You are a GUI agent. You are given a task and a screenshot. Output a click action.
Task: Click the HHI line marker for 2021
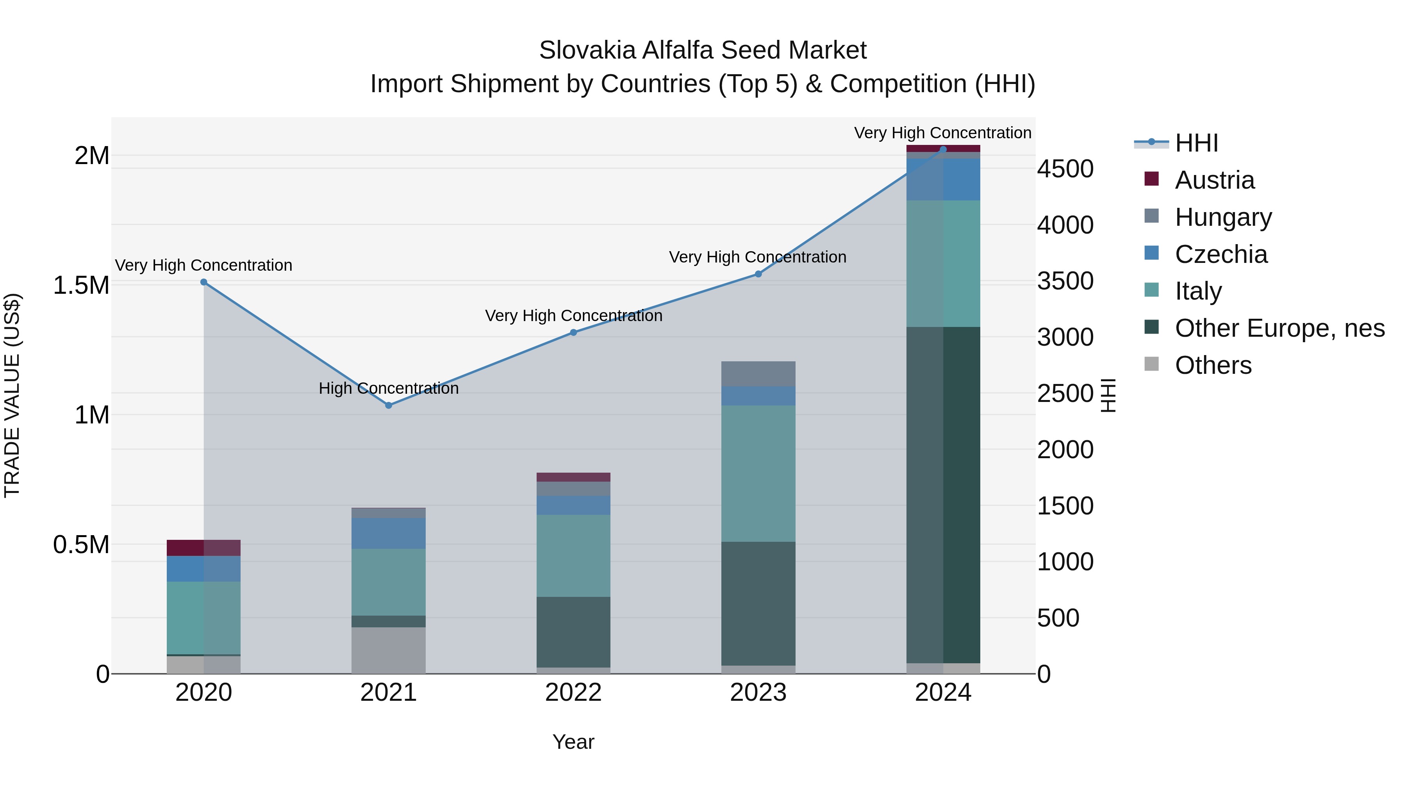click(389, 405)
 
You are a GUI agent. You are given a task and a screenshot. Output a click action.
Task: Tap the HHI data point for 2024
click(943, 149)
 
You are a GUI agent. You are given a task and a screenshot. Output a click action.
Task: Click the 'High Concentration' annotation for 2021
click(389, 388)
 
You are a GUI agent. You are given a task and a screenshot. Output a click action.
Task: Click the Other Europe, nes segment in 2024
click(943, 494)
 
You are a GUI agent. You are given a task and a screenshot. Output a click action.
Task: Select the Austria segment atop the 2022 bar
click(573, 477)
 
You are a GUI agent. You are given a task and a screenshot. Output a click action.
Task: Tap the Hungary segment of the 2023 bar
click(758, 374)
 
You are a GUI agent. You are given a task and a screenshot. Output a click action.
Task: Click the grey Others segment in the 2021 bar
click(389, 650)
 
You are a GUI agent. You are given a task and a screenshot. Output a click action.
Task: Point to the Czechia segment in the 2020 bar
click(203, 568)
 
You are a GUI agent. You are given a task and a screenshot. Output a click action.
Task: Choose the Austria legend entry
click(1214, 180)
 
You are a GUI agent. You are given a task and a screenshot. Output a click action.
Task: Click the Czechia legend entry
click(1221, 254)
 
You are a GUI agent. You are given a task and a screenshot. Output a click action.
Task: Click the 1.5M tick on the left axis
click(81, 286)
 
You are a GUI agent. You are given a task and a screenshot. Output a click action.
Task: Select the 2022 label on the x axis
click(573, 693)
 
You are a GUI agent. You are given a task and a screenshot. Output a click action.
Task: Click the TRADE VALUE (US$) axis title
click(12, 395)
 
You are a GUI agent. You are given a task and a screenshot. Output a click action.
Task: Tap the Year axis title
click(573, 742)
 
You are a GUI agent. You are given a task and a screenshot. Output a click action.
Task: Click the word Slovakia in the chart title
click(587, 50)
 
